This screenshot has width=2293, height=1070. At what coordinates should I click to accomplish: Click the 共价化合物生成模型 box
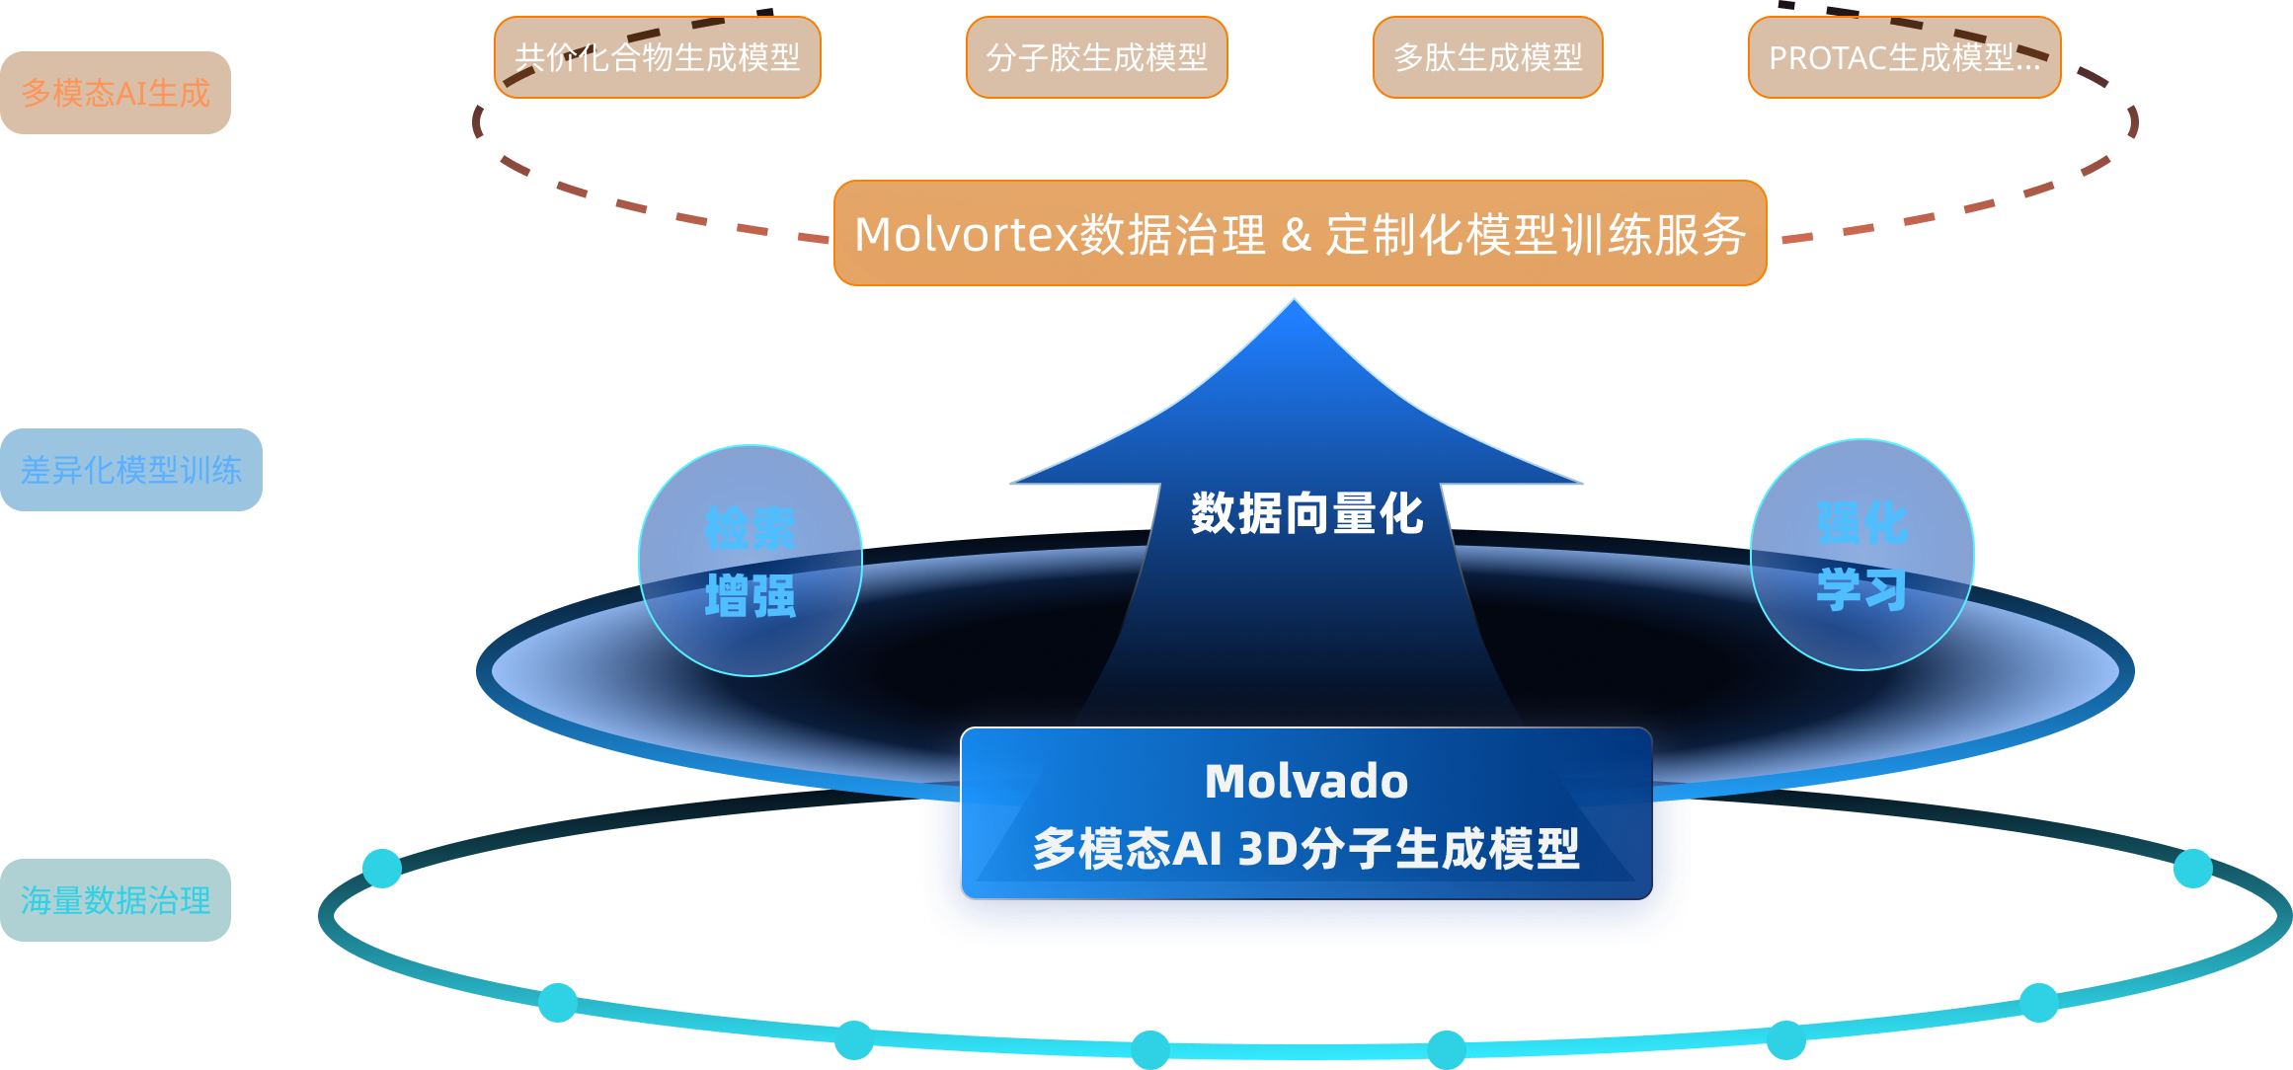tap(657, 57)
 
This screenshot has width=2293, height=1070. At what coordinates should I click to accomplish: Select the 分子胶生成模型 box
tap(1096, 57)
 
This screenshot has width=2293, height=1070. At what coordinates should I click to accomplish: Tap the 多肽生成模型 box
tap(1487, 57)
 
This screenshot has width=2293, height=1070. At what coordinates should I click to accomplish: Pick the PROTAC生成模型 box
tap(1904, 57)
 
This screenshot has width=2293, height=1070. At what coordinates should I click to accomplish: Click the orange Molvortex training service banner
tap(1300, 234)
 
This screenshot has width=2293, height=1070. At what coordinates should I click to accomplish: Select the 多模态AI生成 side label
tap(116, 93)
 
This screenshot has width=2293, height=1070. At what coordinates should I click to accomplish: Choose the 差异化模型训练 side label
tap(130, 470)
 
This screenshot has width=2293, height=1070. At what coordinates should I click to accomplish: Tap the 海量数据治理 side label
tap(116, 900)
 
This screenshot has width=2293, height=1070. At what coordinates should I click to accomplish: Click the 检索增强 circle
tap(751, 561)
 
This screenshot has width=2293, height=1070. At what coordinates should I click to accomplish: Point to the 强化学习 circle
tap(1861, 555)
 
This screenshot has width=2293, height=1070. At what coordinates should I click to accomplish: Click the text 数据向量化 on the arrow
tap(1306, 513)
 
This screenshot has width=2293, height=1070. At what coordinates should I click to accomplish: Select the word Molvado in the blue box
tap(1306, 781)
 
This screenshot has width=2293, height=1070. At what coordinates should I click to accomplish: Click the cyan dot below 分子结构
tap(382, 869)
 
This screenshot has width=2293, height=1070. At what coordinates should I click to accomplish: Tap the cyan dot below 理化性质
tap(558, 1002)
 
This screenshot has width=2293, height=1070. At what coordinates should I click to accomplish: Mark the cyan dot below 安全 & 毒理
tap(1785, 1039)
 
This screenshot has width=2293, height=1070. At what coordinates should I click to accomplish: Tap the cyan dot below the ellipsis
tap(2193, 869)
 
